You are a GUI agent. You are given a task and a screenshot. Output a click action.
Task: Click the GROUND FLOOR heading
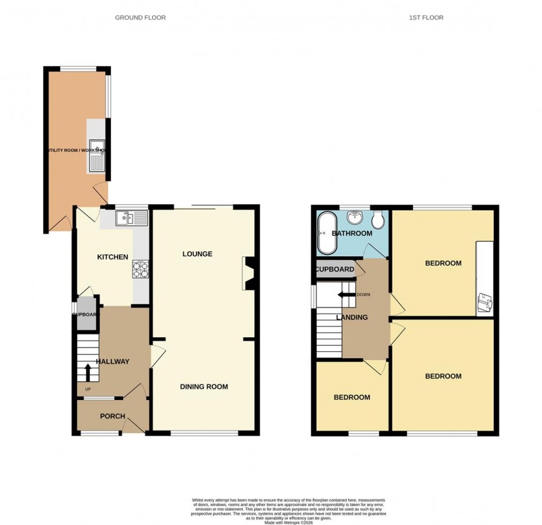(x=140, y=18)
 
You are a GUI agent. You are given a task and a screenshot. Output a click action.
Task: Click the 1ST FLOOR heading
(x=426, y=18)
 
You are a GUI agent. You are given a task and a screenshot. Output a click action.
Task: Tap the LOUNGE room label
(x=197, y=254)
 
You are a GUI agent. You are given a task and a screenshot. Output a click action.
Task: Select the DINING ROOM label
(x=203, y=387)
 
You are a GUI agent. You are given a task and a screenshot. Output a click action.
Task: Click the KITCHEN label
(x=112, y=257)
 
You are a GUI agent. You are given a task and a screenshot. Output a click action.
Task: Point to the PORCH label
(x=112, y=417)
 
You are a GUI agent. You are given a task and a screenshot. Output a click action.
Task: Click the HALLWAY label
(x=112, y=362)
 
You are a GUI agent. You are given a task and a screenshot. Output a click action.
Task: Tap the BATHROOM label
(x=352, y=233)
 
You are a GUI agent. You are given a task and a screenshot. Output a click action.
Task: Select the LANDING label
(x=352, y=318)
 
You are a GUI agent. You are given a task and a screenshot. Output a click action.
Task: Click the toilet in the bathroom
(x=378, y=220)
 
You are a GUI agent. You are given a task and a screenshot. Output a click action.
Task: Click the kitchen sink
(x=132, y=219)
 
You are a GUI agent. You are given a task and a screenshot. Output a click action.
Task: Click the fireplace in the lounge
(x=247, y=274)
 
